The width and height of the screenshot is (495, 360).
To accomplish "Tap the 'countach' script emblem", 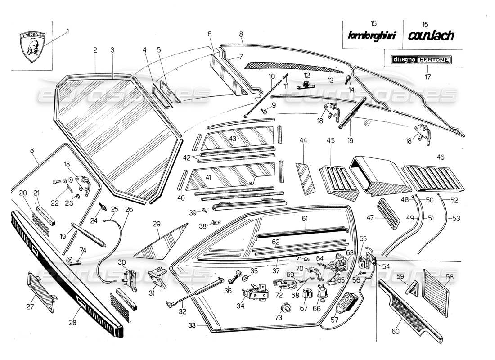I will point(431,36).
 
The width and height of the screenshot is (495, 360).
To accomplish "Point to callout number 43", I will point(233,139).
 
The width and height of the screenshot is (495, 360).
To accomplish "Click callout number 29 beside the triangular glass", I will point(157,224).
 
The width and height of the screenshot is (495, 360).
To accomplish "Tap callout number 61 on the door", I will point(305,219).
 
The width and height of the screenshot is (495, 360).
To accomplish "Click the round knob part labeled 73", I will point(284,307).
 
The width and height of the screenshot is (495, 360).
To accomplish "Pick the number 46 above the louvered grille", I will point(441,157).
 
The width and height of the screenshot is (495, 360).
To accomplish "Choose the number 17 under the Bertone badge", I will point(427,77).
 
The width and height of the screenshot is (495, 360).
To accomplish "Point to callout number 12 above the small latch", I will point(306,76).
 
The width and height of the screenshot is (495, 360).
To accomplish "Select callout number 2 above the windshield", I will point(95,50).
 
